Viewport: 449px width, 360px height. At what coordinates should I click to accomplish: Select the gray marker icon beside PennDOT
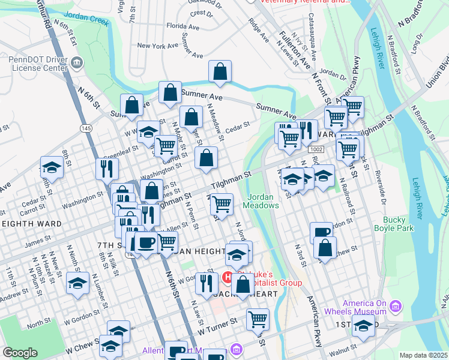click(x=76, y=62)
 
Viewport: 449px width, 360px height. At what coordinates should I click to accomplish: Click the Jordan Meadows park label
click(x=261, y=201)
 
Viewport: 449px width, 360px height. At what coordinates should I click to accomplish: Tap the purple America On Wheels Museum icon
click(x=395, y=307)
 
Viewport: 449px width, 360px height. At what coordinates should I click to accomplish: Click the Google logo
click(x=20, y=353)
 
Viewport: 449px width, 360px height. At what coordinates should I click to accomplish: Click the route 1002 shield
click(x=316, y=148)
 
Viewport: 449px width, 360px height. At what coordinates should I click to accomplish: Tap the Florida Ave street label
click(x=182, y=26)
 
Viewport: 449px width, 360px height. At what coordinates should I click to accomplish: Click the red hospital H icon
click(x=228, y=277)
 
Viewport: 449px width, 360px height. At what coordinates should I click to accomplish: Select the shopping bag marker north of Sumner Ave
click(x=220, y=71)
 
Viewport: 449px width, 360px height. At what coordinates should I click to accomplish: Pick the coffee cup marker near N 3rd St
click(x=322, y=232)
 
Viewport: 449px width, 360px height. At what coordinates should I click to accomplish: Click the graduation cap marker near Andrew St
click(x=77, y=283)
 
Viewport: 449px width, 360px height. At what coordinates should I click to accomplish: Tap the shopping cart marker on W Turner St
click(x=258, y=319)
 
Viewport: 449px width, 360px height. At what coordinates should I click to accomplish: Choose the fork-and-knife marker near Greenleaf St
click(x=107, y=168)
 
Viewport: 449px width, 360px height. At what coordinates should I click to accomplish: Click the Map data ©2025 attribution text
click(x=423, y=355)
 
